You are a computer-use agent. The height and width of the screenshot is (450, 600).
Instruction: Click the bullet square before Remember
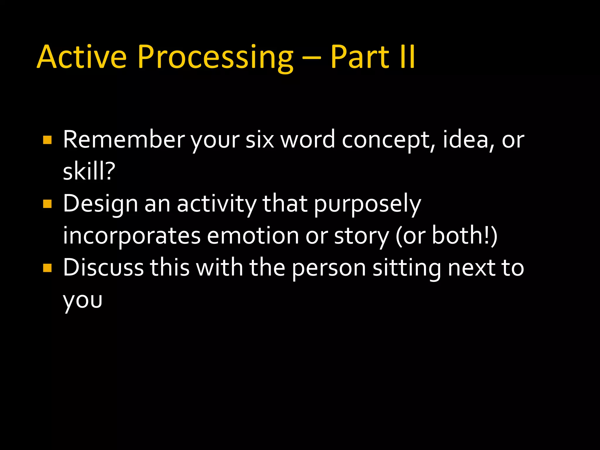pos(47,140)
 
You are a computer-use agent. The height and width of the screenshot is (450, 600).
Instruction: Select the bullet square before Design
pos(47,204)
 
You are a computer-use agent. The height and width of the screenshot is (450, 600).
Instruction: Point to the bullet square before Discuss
pos(47,268)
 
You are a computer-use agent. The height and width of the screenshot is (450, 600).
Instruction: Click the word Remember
pos(124,140)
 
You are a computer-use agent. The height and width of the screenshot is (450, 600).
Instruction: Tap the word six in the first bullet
pos(260,140)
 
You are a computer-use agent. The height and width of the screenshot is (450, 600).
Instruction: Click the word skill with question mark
pos(89,171)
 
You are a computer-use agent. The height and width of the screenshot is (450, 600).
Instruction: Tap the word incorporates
pos(132,236)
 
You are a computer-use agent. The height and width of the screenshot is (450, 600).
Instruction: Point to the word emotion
pos(253,236)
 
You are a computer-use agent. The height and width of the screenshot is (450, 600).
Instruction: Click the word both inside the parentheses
pos(460,236)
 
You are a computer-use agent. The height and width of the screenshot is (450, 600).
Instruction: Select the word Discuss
pos(103,268)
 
